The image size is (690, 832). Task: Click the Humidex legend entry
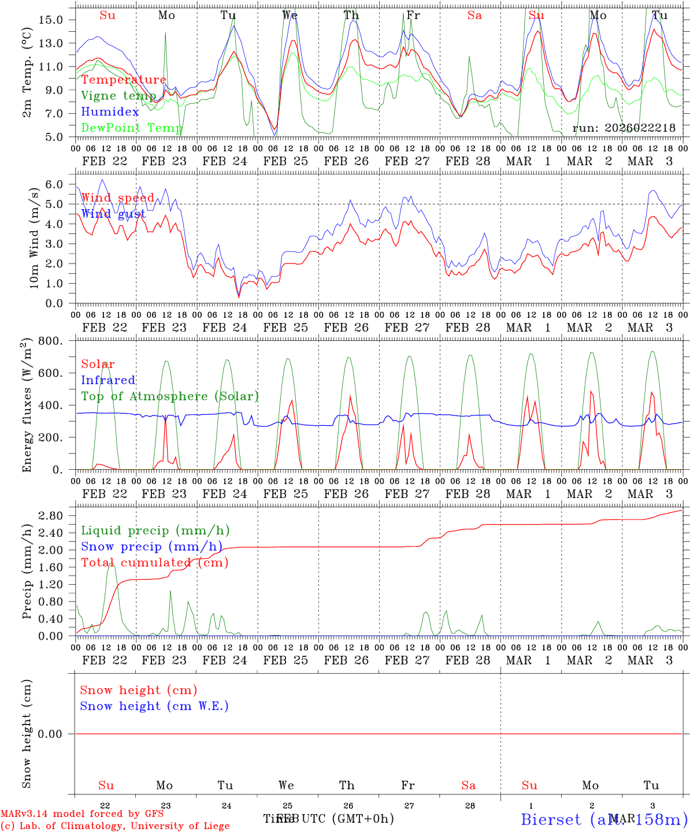[x=110, y=112]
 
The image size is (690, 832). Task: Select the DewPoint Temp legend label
[x=132, y=127]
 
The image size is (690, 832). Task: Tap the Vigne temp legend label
[x=118, y=95]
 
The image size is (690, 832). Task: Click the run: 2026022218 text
[x=624, y=128]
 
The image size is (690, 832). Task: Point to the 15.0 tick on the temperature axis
[x=50, y=20]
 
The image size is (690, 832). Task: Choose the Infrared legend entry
[x=108, y=380]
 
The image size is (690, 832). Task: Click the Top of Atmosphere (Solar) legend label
[x=170, y=396]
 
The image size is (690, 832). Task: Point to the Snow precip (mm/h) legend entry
[x=151, y=547]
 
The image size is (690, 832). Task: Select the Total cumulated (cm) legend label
[x=154, y=562]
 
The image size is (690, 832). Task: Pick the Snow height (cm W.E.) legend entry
[x=154, y=706]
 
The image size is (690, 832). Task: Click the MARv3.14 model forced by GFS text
[x=81, y=814]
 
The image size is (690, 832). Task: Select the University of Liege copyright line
[x=115, y=826]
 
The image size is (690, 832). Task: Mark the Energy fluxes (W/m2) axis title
[x=27, y=406]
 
